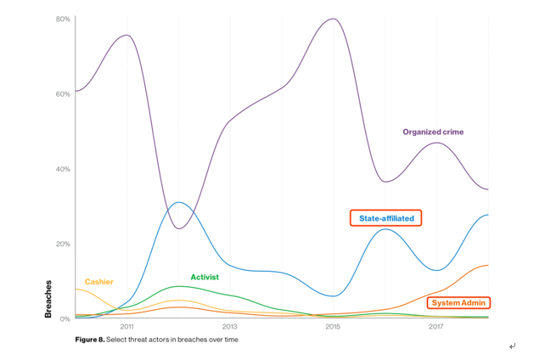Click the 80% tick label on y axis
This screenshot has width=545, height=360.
click(63, 19)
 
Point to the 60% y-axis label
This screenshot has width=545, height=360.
click(63, 93)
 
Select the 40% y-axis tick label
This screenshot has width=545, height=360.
click(63, 169)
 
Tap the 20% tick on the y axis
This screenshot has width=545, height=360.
click(63, 244)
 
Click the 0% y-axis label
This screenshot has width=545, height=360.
click(65, 318)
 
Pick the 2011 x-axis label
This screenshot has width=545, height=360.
click(126, 327)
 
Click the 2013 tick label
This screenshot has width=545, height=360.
click(230, 327)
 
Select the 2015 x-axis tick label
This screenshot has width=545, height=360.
click(333, 327)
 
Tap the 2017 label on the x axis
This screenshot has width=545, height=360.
click(435, 327)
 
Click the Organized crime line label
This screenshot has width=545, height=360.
click(433, 132)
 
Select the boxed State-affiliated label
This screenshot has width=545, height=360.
click(386, 218)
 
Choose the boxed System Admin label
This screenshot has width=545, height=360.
click(458, 303)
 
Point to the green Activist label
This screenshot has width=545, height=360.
click(205, 278)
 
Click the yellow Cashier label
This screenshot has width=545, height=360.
click(98, 282)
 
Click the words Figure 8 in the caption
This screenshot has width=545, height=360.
click(89, 340)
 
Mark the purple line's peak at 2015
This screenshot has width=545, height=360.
click(333, 19)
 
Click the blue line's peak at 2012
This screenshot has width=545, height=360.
click(178, 202)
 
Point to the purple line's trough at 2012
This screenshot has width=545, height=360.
click(179, 228)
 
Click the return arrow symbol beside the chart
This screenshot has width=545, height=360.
click(512, 346)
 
